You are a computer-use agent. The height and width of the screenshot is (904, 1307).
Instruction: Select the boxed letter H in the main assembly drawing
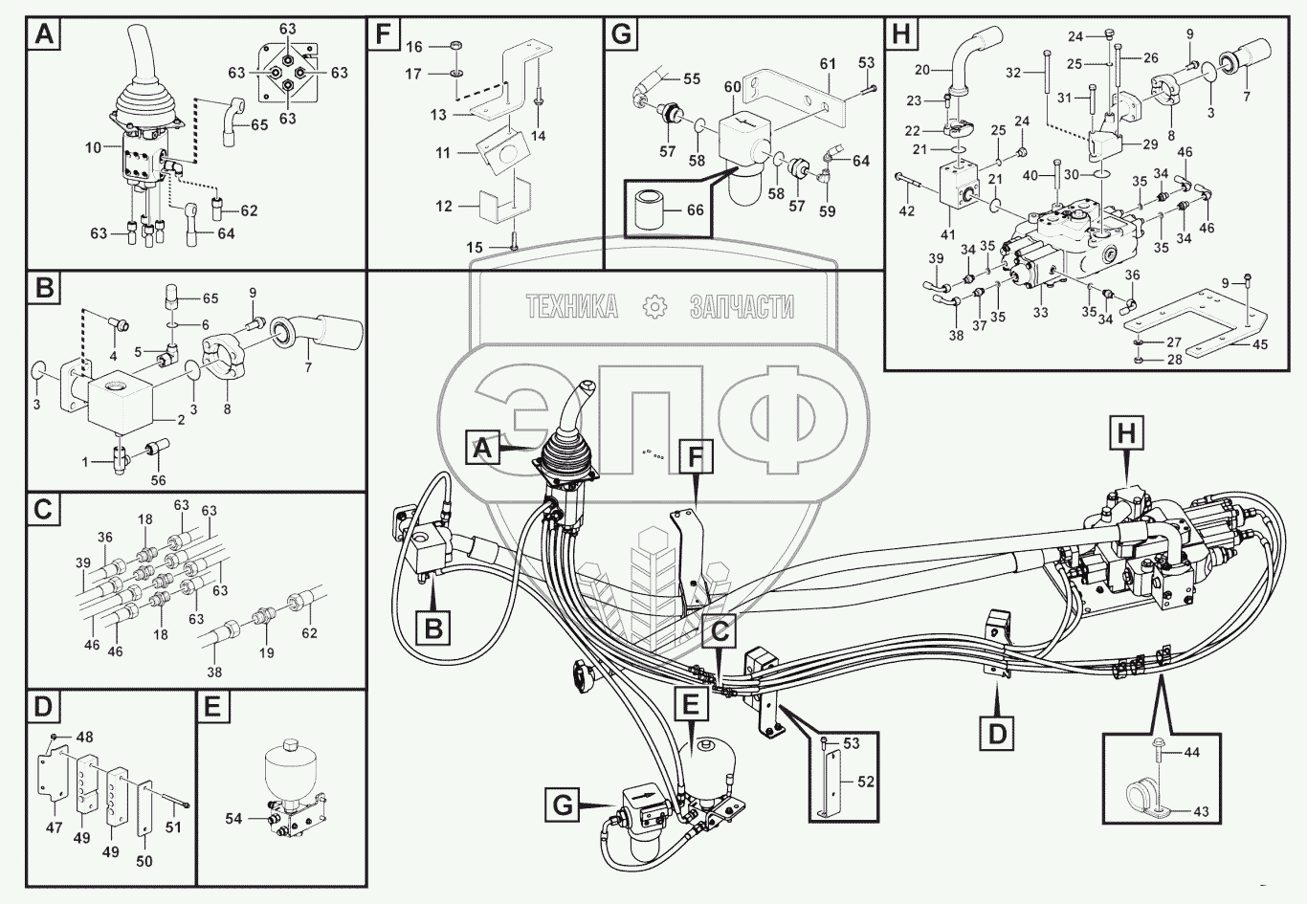pyautogui.click(x=1127, y=433)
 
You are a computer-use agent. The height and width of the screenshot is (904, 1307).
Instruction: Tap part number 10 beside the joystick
pyautogui.click(x=93, y=148)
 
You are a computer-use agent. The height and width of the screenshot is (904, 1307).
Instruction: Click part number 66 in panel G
pyautogui.click(x=696, y=209)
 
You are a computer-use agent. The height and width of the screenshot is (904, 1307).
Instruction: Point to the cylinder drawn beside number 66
pyautogui.click(x=654, y=208)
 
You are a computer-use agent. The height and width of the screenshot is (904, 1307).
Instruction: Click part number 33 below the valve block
pyautogui.click(x=1040, y=312)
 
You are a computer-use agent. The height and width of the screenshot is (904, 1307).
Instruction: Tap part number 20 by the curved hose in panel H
pyautogui.click(x=921, y=69)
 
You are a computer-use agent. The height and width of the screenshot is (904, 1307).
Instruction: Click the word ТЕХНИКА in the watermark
pyautogui.click(x=572, y=306)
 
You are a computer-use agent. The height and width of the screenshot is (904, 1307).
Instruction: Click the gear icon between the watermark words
pyautogui.click(x=655, y=306)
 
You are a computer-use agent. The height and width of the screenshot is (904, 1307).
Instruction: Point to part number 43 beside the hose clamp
pyautogui.click(x=1201, y=811)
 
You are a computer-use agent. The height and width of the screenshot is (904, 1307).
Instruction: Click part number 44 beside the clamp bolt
pyautogui.click(x=1191, y=753)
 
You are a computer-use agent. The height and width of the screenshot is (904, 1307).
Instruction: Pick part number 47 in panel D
pyautogui.click(x=54, y=827)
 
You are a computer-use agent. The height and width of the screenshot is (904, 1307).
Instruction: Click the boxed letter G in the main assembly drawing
pyautogui.click(x=563, y=805)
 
